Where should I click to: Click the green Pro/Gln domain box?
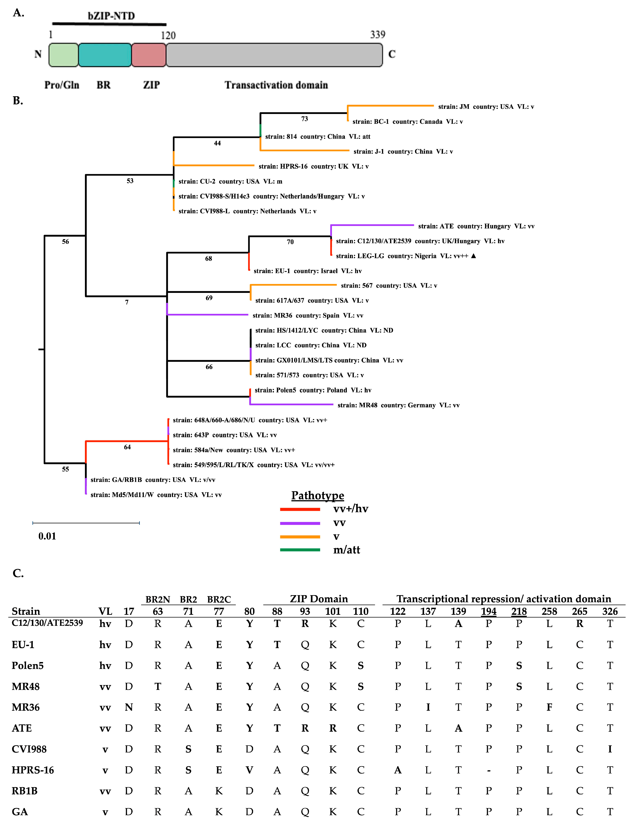click(x=63, y=55)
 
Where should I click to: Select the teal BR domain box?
click(x=105, y=55)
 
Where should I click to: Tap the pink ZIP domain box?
click(x=149, y=55)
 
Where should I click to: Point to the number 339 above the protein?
click(x=378, y=35)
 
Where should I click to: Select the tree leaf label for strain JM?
click(x=486, y=107)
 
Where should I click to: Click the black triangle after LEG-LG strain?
click(x=474, y=256)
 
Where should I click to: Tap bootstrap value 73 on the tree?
click(x=304, y=119)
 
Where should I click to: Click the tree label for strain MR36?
click(x=307, y=315)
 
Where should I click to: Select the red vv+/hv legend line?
click(x=300, y=509)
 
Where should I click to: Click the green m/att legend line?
click(x=300, y=550)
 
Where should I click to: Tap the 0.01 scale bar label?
click(x=47, y=536)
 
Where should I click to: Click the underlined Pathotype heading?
click(x=318, y=495)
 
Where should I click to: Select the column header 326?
click(x=610, y=611)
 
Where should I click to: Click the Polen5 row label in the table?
click(x=28, y=665)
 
